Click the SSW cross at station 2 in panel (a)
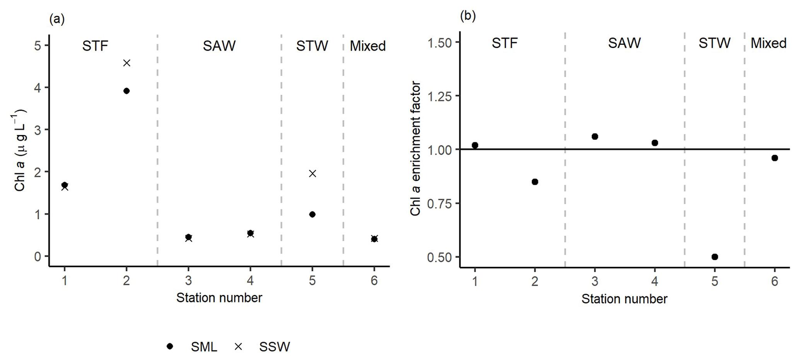[x=127, y=63]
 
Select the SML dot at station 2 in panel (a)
[x=126, y=91]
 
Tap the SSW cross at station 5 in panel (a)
[x=312, y=174]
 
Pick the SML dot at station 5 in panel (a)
[x=312, y=214]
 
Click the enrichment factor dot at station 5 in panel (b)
[x=715, y=257]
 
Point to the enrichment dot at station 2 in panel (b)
[x=535, y=182]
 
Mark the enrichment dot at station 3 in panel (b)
[x=595, y=136]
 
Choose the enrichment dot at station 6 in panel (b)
[x=775, y=158]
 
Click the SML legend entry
[x=204, y=347]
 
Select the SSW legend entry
[x=274, y=347]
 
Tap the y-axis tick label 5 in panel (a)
[x=37, y=46]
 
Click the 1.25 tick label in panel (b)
[x=439, y=96]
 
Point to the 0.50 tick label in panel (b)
[x=439, y=257]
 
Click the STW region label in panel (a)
[x=312, y=46]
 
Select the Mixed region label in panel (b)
[x=768, y=43]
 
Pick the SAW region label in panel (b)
[x=624, y=43]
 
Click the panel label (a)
[x=57, y=19]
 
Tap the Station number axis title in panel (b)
[x=624, y=299]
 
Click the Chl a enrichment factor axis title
[x=416, y=148]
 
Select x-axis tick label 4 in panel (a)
[x=250, y=280]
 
